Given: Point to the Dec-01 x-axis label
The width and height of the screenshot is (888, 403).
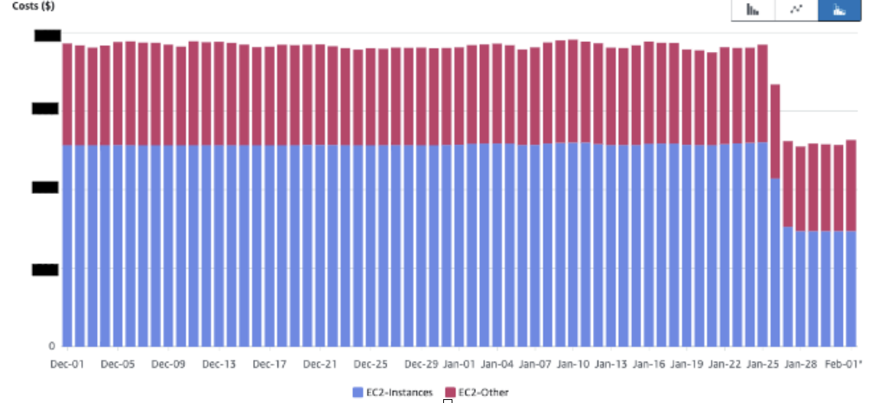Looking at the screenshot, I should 67,364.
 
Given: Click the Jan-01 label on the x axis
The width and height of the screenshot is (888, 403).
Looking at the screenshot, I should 459,364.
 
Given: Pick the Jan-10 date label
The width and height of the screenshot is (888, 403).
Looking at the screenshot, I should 572,364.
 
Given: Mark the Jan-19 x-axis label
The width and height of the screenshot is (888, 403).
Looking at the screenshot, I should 686,364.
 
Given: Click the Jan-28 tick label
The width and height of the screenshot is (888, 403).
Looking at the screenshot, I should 800,364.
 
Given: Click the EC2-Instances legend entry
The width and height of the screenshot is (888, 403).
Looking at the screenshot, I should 393,392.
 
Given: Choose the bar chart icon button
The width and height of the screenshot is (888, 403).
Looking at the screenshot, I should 753,10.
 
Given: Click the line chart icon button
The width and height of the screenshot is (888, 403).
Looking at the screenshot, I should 796,10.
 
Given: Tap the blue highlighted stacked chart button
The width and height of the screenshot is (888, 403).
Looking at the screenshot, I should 839,10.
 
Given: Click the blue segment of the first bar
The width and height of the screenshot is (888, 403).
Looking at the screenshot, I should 67,244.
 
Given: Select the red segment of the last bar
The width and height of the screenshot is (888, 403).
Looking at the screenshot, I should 851,185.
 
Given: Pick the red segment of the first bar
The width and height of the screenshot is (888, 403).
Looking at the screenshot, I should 67,94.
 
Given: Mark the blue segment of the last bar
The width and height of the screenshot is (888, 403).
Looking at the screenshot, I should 851,288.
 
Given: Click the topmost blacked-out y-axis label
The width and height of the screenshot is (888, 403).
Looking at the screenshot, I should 47,34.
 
